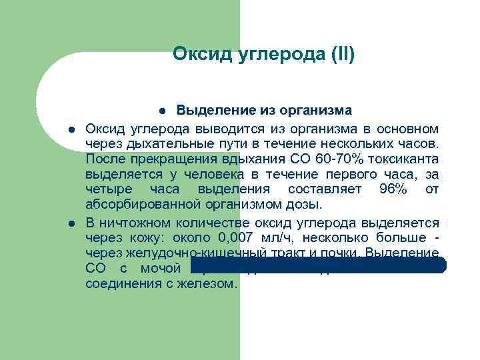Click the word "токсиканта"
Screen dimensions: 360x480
click(x=403, y=158)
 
